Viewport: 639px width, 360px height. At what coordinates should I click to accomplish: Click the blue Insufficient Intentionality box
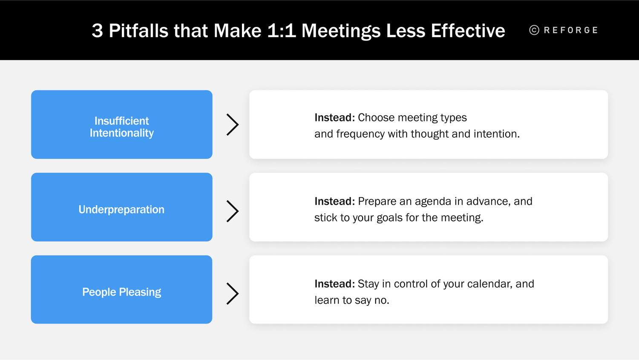[x=121, y=124]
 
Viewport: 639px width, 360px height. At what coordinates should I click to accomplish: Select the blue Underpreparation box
[x=121, y=207]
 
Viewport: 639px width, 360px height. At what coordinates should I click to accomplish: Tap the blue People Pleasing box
[x=121, y=290]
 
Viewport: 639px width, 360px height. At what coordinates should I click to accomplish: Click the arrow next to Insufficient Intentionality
[x=232, y=125]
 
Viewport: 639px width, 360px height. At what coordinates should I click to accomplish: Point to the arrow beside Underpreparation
[x=232, y=211]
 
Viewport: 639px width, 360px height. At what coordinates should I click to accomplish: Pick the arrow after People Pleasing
[x=232, y=294]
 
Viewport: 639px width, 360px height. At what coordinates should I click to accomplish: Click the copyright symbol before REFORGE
[x=534, y=30]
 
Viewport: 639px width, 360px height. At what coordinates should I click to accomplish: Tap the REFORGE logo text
[x=571, y=30]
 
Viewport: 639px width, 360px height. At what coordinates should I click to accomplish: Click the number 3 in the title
[x=97, y=31]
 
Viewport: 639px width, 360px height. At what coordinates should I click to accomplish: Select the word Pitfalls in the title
[x=138, y=31]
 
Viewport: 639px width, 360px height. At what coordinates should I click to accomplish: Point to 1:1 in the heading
[x=281, y=31]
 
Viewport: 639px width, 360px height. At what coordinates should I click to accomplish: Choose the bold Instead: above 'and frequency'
[x=334, y=118]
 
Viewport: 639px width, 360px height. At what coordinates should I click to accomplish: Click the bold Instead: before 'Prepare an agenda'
[x=334, y=201]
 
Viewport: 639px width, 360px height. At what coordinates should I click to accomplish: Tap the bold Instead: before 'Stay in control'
[x=334, y=284]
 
